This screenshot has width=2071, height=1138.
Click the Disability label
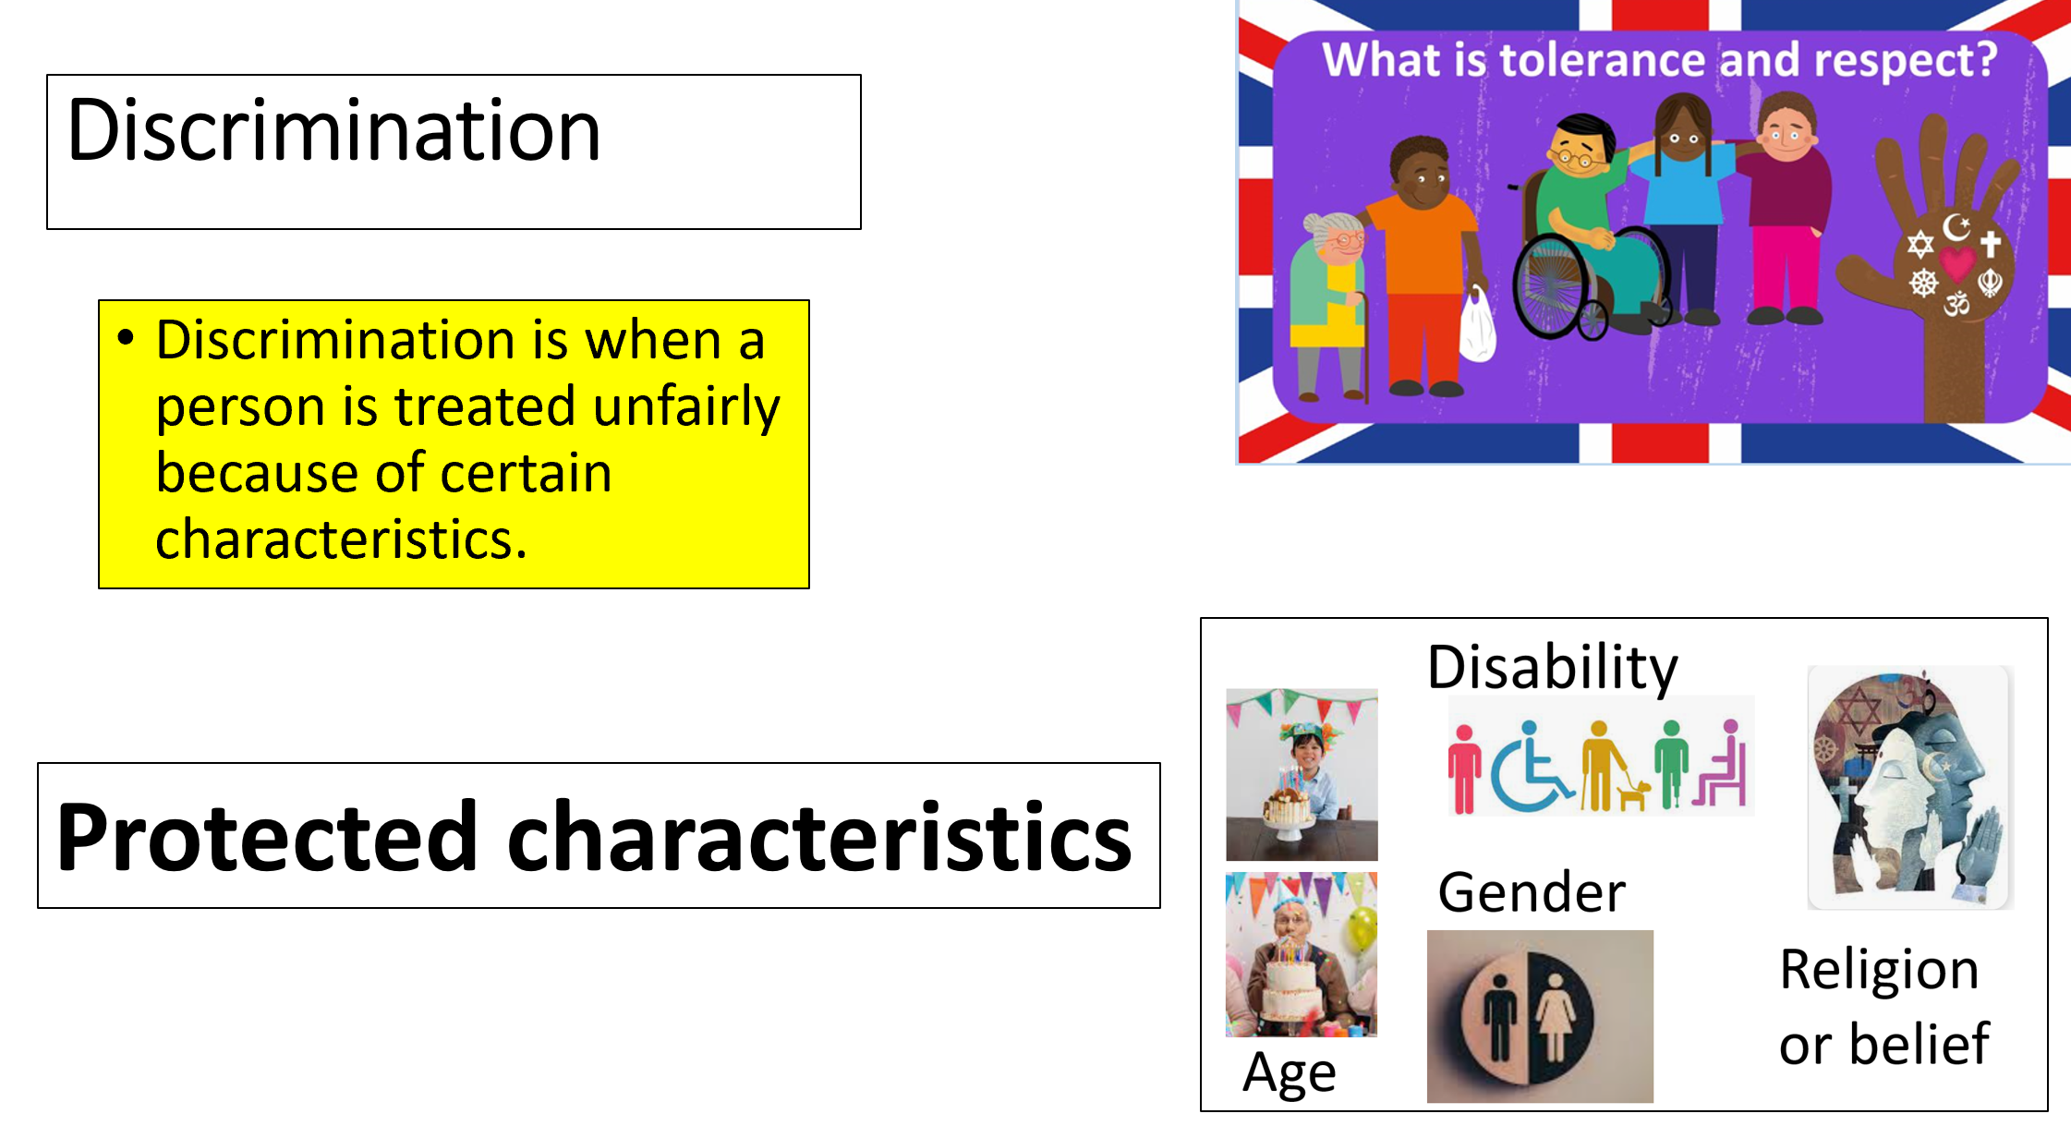(1552, 667)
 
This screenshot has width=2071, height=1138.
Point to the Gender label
(1532, 892)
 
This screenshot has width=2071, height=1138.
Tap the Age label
(1289, 1074)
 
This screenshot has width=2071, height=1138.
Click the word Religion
(1879, 971)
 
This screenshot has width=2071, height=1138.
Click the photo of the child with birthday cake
(1302, 774)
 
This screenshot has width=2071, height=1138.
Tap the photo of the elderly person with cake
(1302, 954)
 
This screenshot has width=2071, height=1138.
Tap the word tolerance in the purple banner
(1603, 60)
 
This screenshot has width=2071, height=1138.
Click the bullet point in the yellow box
(127, 338)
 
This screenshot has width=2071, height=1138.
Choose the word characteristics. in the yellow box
(341, 539)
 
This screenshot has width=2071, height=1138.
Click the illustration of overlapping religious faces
(1910, 788)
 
